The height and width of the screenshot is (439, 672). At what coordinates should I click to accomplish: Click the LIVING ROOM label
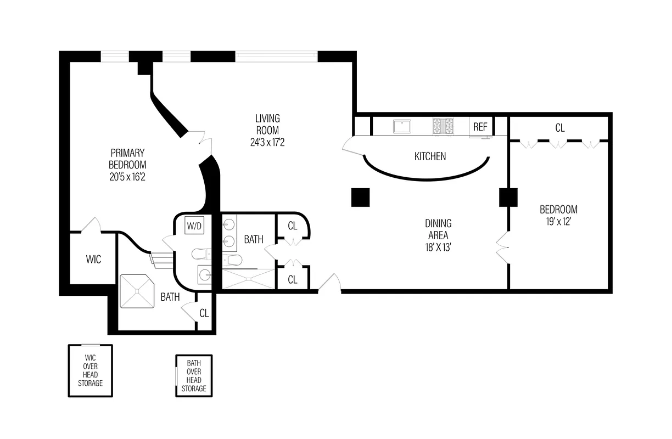267,124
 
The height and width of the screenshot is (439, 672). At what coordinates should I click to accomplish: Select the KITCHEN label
430,156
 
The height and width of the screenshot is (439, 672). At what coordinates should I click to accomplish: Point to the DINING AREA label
438,229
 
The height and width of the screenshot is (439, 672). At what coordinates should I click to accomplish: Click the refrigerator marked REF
480,127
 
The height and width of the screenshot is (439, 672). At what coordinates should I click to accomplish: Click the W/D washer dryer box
194,226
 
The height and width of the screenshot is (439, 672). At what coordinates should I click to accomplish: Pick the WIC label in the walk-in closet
93,259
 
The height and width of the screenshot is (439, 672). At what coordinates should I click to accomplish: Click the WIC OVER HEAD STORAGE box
90,370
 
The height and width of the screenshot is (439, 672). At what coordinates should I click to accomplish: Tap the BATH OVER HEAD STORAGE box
194,376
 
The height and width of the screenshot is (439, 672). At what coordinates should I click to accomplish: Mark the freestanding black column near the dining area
361,198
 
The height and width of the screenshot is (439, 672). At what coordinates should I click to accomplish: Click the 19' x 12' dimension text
558,222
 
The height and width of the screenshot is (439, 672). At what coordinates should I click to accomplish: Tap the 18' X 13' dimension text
438,247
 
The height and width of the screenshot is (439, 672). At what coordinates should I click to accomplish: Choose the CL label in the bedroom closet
559,128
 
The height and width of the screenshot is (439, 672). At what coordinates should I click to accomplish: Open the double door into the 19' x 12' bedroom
502,247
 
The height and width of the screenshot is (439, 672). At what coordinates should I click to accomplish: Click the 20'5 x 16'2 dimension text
127,177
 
